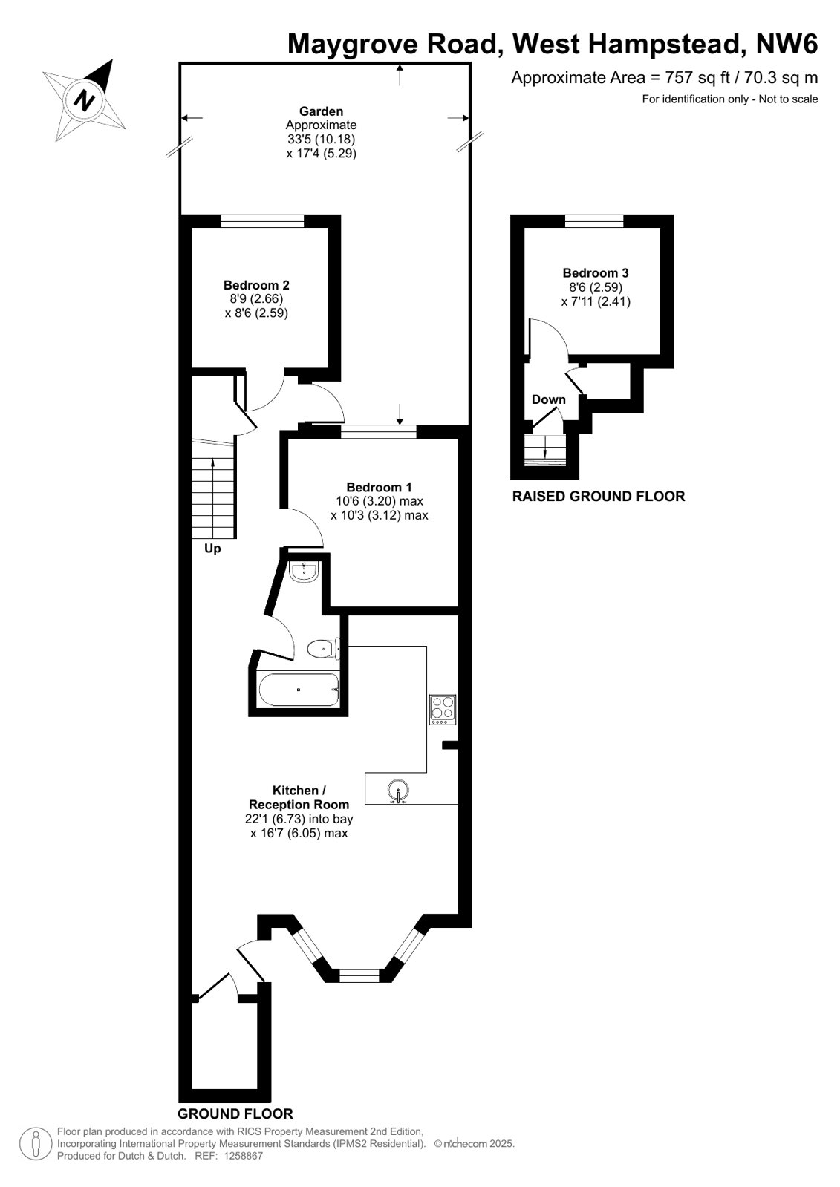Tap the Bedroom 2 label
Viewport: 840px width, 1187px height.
(x=256, y=285)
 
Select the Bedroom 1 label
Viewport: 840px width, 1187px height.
(x=379, y=487)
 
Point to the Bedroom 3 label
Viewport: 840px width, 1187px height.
(x=596, y=273)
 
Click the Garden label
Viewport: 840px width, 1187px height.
(x=321, y=111)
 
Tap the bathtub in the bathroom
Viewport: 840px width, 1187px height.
(x=299, y=689)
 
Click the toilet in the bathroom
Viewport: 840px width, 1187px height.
(x=324, y=648)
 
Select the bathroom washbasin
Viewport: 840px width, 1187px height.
(x=304, y=572)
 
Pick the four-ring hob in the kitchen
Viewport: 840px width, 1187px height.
(x=442, y=710)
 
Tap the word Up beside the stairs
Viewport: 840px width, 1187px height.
(x=212, y=549)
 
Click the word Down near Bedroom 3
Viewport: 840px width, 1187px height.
(x=548, y=399)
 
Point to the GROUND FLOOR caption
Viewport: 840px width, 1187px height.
(x=235, y=1114)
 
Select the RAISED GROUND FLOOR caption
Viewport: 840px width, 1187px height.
(x=598, y=496)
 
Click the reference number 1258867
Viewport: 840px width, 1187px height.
(x=243, y=1157)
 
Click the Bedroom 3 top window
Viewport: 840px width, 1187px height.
(x=594, y=221)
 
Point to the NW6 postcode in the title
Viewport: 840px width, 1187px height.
(x=787, y=44)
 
